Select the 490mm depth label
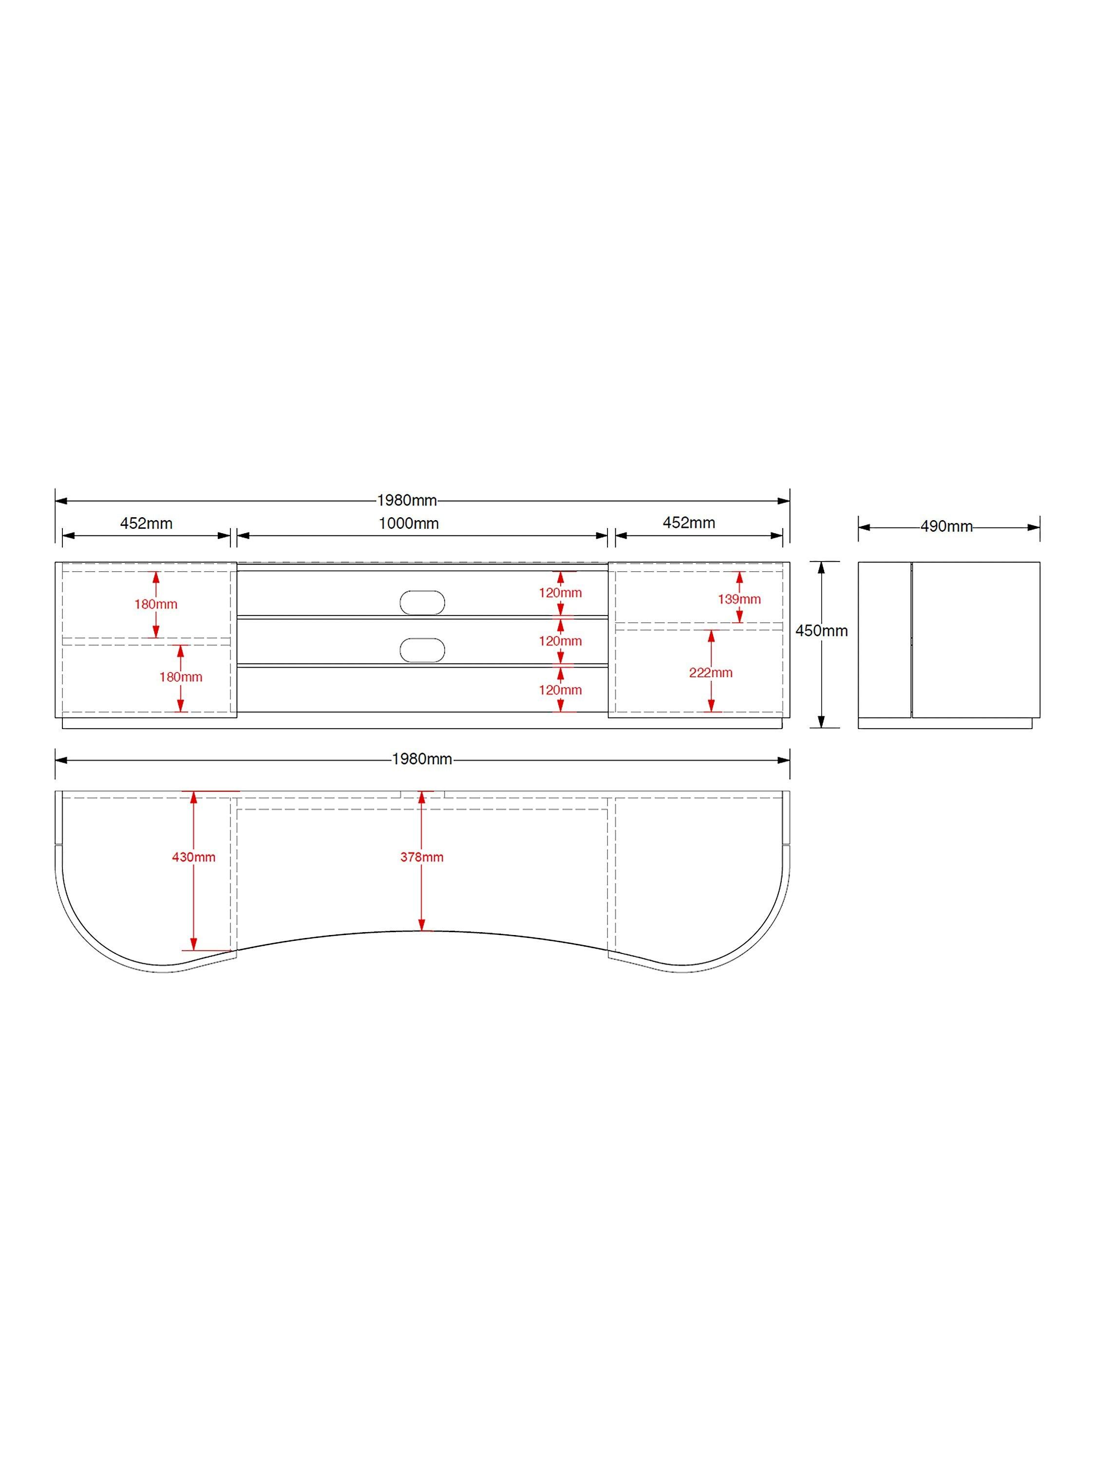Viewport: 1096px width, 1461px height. point(946,526)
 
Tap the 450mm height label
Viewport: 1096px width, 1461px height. point(821,631)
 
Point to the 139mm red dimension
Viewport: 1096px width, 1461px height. point(739,599)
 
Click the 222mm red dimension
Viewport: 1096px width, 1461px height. point(711,673)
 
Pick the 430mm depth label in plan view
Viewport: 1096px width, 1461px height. point(193,857)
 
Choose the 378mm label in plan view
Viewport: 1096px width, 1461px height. point(421,857)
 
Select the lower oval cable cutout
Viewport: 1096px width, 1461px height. point(422,650)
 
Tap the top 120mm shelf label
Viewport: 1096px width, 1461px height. point(560,593)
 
